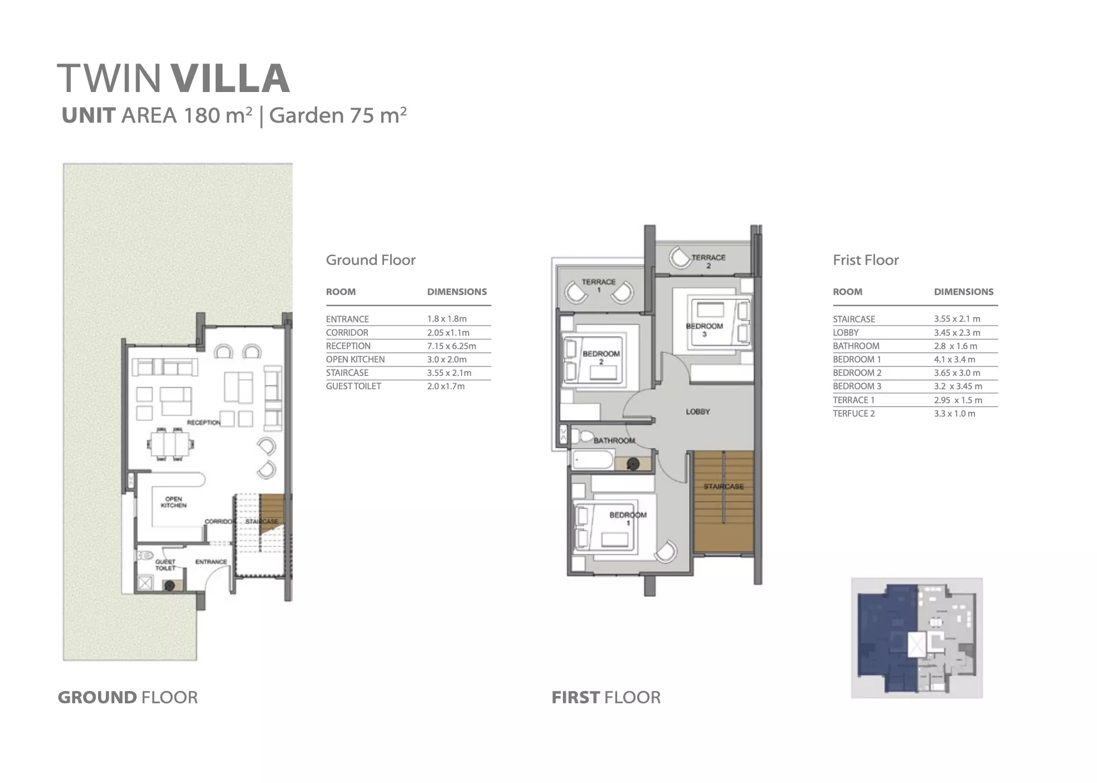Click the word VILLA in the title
click(x=230, y=78)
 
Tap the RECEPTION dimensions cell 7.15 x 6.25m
click(x=452, y=346)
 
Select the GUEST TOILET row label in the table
click(x=353, y=386)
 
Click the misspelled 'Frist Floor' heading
click(x=866, y=260)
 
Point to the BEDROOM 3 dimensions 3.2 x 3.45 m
click(x=958, y=386)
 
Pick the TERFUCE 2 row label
click(x=854, y=413)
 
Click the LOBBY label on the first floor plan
click(x=698, y=412)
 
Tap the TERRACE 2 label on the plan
click(x=708, y=262)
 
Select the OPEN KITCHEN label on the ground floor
click(x=173, y=502)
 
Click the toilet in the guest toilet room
click(x=145, y=555)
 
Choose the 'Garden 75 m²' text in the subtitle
click(x=338, y=115)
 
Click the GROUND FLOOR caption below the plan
click(x=128, y=697)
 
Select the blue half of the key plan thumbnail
click(x=886, y=639)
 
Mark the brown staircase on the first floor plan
click(x=724, y=502)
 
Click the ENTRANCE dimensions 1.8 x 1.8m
click(x=446, y=319)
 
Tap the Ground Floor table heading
click(x=371, y=260)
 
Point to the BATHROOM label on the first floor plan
click(x=614, y=441)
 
